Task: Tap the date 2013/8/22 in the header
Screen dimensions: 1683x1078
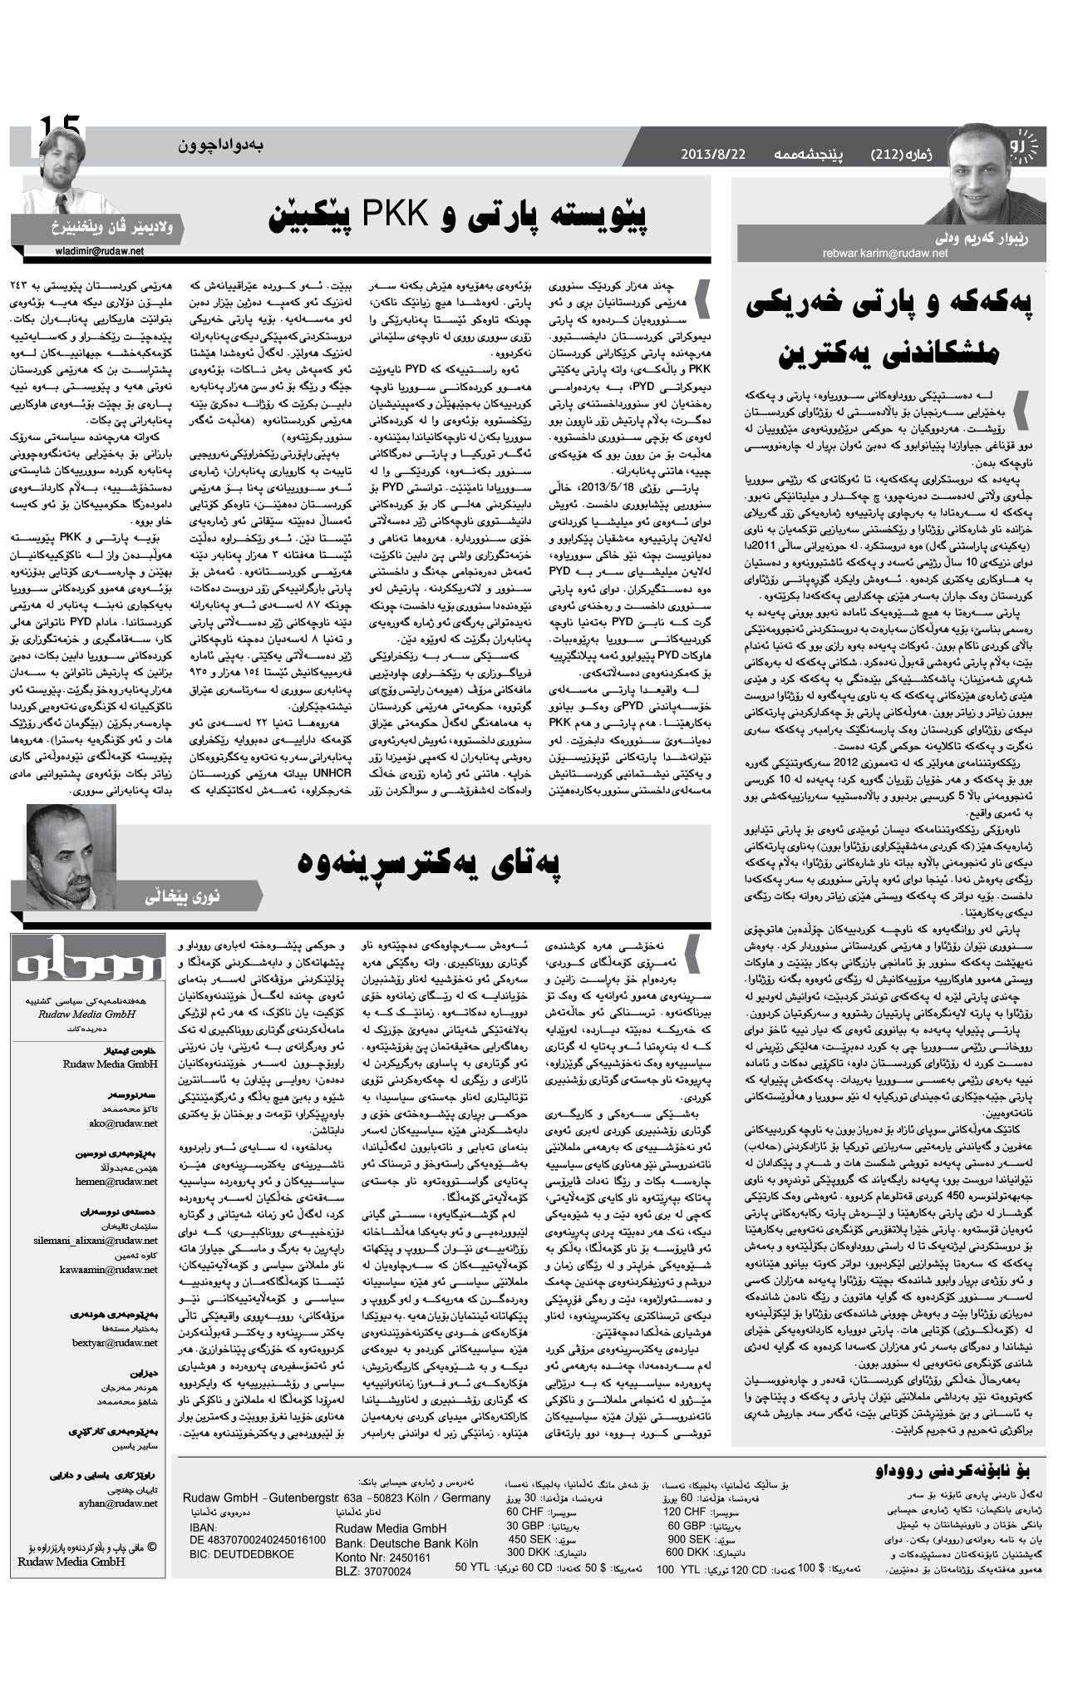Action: coord(712,155)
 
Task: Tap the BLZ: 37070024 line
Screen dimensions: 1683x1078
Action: coord(373,1572)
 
